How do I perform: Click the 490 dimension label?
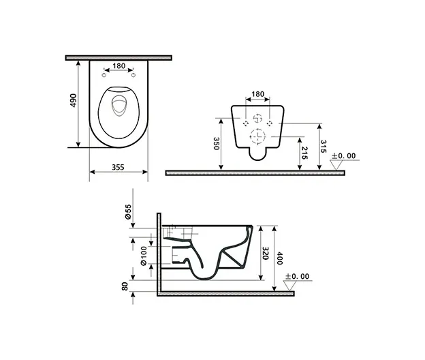point(74,100)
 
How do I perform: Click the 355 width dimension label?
point(118,167)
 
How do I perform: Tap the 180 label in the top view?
point(119,65)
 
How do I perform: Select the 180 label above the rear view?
point(257,94)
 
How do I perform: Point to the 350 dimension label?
point(217,143)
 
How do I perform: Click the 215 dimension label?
point(304,153)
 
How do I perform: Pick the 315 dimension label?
point(323,147)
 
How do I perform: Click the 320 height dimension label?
point(266,253)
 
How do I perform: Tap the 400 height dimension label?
point(280,258)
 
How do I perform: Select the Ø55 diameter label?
point(128,212)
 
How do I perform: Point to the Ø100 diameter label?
point(144,256)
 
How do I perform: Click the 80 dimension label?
point(125,286)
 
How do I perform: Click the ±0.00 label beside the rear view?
point(343,155)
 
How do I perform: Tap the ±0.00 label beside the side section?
point(298,276)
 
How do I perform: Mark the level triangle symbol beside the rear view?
point(336,165)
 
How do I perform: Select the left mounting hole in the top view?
point(104,75)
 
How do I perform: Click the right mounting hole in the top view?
point(133,75)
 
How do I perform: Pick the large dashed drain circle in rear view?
point(257,136)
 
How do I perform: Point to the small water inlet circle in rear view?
point(257,119)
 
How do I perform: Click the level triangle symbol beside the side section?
point(289,286)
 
